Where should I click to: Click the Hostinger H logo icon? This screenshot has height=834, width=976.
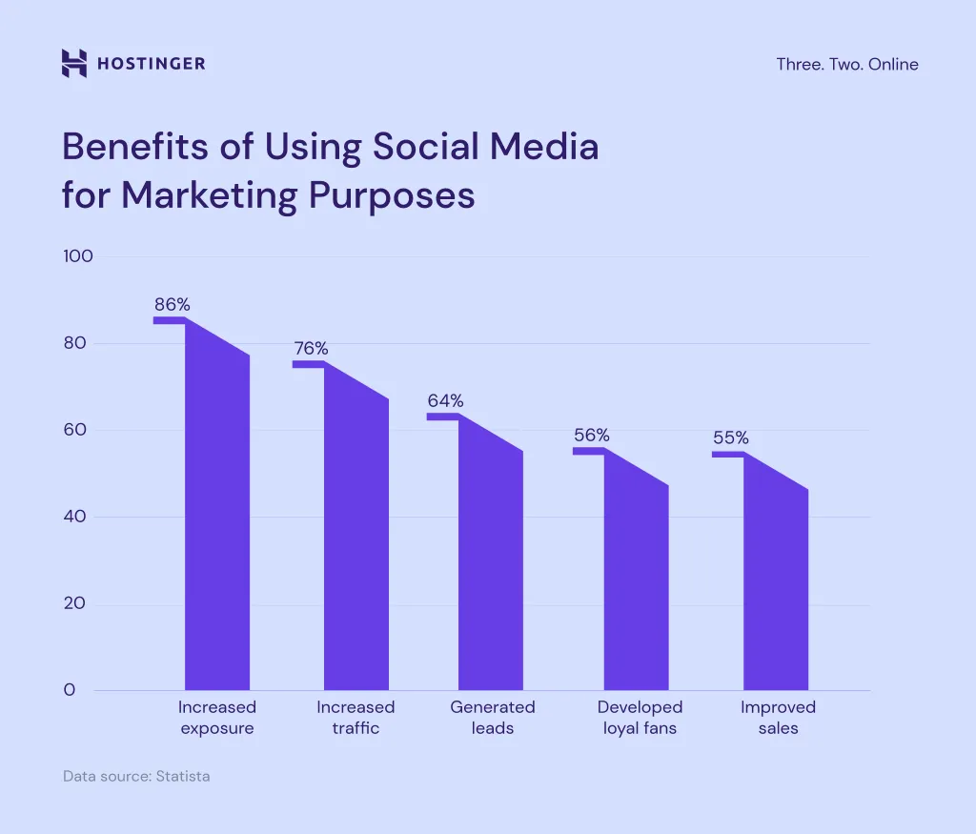[x=73, y=64]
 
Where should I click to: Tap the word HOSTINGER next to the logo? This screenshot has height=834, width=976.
[x=151, y=65]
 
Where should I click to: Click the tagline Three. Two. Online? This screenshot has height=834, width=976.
[x=847, y=65]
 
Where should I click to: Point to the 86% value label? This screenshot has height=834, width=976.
[x=173, y=305]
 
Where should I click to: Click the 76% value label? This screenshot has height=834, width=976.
[x=311, y=349]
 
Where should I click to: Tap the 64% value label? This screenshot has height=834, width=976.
[x=445, y=400]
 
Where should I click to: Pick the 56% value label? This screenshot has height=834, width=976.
[x=591, y=436]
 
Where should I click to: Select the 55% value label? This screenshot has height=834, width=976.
[x=731, y=438]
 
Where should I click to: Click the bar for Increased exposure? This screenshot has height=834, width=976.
[x=217, y=534]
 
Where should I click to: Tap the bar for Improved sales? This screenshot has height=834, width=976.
[x=776, y=591]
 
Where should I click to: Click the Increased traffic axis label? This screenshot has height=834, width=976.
[x=356, y=718]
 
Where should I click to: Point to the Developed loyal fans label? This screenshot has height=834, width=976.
[x=640, y=718]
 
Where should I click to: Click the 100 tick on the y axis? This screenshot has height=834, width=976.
[x=77, y=256]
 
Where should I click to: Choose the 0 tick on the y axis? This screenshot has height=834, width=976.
[x=69, y=690]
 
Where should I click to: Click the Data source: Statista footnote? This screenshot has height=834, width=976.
[x=136, y=777]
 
